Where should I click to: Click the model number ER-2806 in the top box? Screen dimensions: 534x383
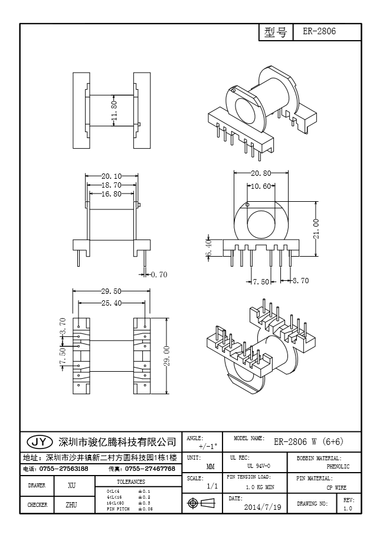point(319,32)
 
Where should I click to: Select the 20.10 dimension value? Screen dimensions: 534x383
point(111,176)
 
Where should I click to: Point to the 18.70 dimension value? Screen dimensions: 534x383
point(111,185)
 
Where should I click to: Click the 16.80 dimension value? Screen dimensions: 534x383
point(111,194)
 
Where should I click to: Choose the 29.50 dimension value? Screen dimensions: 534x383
point(111,291)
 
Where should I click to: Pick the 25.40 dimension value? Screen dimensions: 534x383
point(111,303)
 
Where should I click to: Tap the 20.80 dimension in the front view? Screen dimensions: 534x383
point(261,173)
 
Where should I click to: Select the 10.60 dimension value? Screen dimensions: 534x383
point(261,186)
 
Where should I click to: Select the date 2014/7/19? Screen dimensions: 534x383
point(263,507)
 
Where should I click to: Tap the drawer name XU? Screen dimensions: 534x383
point(71,486)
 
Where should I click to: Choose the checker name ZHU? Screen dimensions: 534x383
point(71,505)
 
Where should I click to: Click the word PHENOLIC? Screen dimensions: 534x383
point(338,467)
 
